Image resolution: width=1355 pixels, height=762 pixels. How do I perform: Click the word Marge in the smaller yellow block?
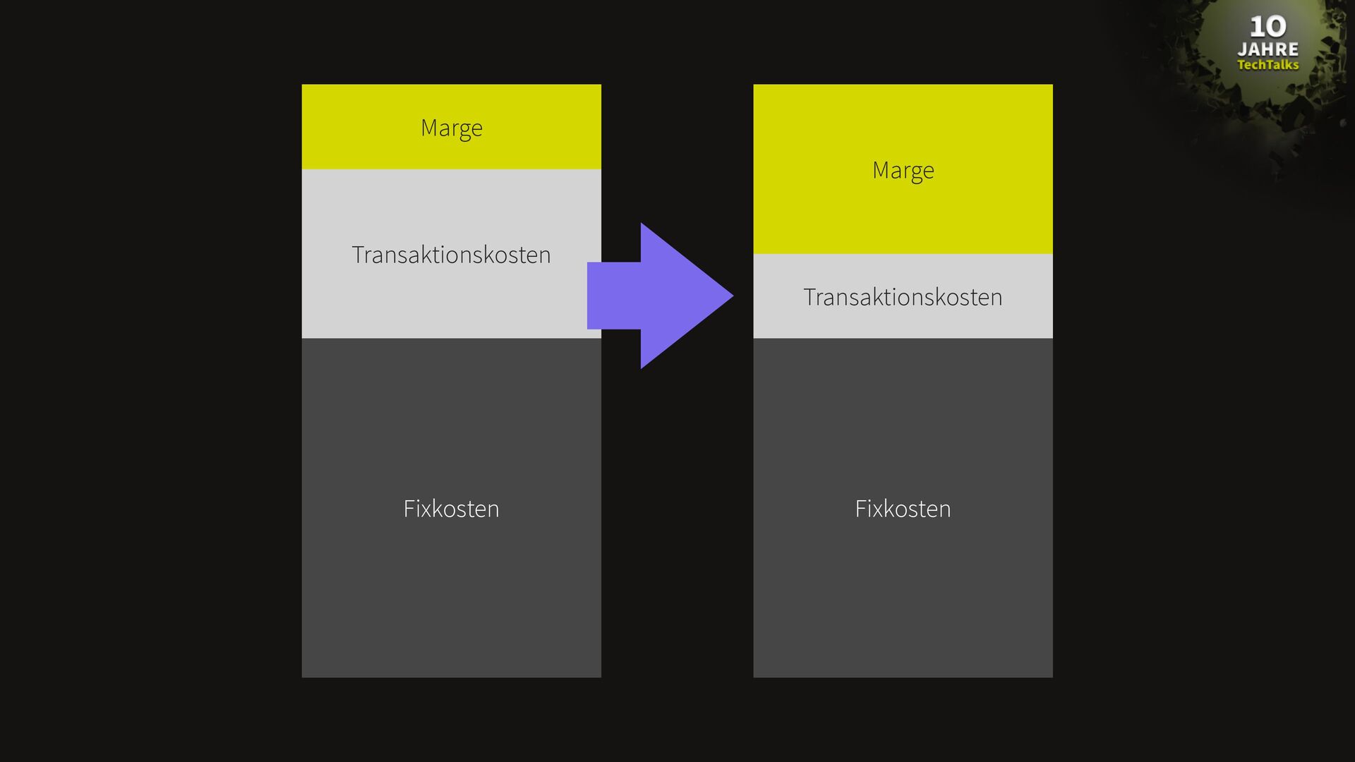[x=452, y=128]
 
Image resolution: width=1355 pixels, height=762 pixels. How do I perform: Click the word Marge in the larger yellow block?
[x=903, y=170]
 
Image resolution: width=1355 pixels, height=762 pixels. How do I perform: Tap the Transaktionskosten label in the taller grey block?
[x=451, y=255]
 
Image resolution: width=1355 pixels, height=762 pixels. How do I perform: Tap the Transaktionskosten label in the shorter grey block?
[x=903, y=297]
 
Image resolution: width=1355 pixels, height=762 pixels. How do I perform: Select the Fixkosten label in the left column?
[x=451, y=509]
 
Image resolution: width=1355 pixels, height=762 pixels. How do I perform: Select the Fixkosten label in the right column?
[x=903, y=509]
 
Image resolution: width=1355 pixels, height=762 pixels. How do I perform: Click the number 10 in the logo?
[x=1267, y=27]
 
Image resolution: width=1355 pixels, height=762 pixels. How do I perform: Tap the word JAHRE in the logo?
[x=1267, y=49]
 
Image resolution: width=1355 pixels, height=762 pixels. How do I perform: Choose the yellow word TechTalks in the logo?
[x=1267, y=65]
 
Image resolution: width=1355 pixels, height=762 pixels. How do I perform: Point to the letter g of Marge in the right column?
[x=915, y=172]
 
